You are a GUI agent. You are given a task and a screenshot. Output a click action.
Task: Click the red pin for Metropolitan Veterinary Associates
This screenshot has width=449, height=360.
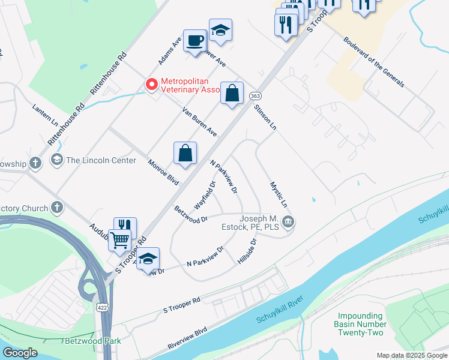point(152,85)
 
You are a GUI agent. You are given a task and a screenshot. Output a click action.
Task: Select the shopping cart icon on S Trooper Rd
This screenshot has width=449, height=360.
point(120,240)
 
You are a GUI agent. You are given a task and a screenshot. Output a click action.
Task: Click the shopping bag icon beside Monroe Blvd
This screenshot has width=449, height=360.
point(186,153)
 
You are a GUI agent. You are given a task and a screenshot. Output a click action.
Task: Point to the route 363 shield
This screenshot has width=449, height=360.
point(255,96)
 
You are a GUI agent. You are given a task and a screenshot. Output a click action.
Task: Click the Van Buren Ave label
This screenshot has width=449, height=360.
point(199,122)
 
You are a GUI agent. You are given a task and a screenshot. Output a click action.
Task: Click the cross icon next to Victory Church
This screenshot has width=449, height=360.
point(57,208)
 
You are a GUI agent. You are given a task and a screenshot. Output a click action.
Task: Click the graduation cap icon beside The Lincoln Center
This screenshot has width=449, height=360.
point(57,160)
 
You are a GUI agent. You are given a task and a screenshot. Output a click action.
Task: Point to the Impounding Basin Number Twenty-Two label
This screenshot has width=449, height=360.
point(360,324)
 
